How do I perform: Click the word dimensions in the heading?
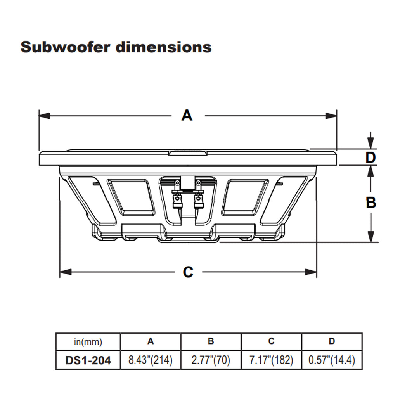tap(163, 47)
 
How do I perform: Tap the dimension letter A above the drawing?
tap(187, 115)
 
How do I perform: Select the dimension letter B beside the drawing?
tap(371, 202)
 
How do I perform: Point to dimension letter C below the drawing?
tap(188, 272)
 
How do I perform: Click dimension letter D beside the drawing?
tap(371, 158)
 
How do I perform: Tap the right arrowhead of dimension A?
tap(331, 116)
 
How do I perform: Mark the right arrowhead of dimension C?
tap(311, 272)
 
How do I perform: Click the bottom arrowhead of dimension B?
tap(371, 237)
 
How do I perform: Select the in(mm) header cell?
tap(88, 342)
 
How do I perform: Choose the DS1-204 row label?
tap(88, 360)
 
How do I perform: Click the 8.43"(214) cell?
tap(151, 360)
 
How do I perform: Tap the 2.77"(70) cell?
tap(211, 360)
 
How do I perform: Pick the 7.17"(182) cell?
tap(271, 360)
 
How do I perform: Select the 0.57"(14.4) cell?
tap(332, 360)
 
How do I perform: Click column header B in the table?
tap(211, 341)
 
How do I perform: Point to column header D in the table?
tap(332, 341)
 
